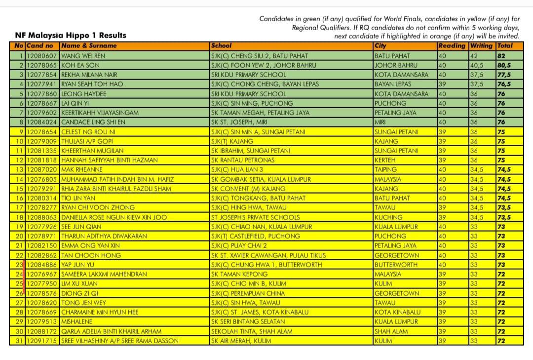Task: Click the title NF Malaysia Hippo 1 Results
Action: (71, 35)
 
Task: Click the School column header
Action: (221, 46)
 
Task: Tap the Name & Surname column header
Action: (89, 46)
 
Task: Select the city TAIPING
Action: (385, 169)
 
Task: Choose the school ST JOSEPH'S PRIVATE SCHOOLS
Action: (249, 217)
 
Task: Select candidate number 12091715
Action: (42, 341)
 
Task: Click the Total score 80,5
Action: (504, 65)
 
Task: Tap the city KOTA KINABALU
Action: (397, 312)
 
